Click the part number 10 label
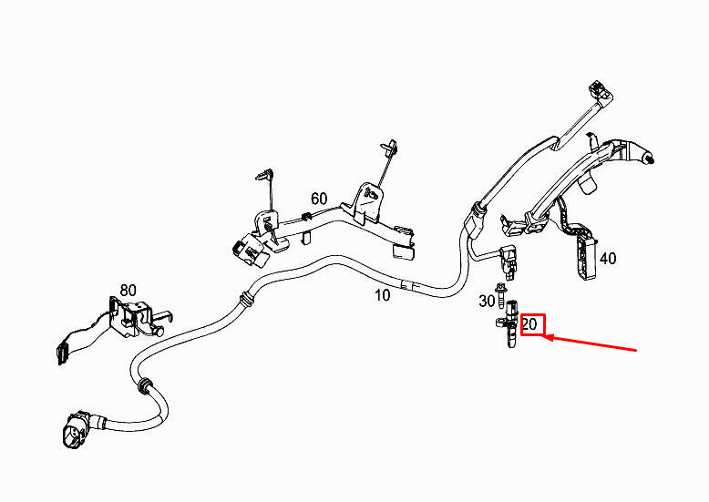382,295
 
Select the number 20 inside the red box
529,324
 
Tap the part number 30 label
487,301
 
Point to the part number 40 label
608,259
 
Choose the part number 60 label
319,199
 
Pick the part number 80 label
128,290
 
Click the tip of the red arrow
542,336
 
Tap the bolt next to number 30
500,294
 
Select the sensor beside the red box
509,323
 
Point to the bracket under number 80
136,315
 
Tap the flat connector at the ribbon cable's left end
61,355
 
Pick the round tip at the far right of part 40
650,159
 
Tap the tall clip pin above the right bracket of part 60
390,149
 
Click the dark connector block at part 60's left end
248,251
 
